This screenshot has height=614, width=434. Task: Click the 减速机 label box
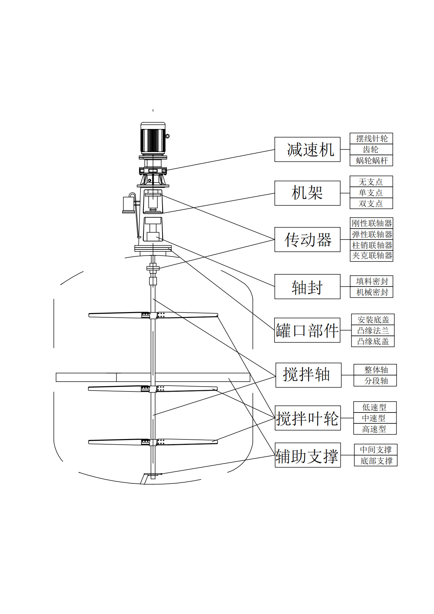307,149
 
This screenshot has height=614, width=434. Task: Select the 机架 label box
307,193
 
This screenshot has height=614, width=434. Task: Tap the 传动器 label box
307,240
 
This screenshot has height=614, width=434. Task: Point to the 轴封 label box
307,286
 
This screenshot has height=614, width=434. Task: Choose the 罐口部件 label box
307,330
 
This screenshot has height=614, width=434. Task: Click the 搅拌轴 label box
308,375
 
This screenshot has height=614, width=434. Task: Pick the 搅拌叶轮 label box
308,418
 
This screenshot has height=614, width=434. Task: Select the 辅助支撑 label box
308,455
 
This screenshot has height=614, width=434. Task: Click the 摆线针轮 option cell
371,138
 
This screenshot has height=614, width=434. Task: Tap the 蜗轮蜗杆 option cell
371,160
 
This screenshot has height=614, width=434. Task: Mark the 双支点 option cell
371,203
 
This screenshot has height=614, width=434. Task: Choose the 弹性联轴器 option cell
372,234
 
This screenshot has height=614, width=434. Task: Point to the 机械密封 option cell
372,292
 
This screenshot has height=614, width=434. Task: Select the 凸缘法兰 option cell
373,330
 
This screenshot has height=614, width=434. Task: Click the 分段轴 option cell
375,381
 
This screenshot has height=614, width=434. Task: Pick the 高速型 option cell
375,429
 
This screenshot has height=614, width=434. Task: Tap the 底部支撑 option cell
376,461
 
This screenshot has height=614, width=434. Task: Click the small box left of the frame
128,204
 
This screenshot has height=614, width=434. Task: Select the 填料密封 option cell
372,281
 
